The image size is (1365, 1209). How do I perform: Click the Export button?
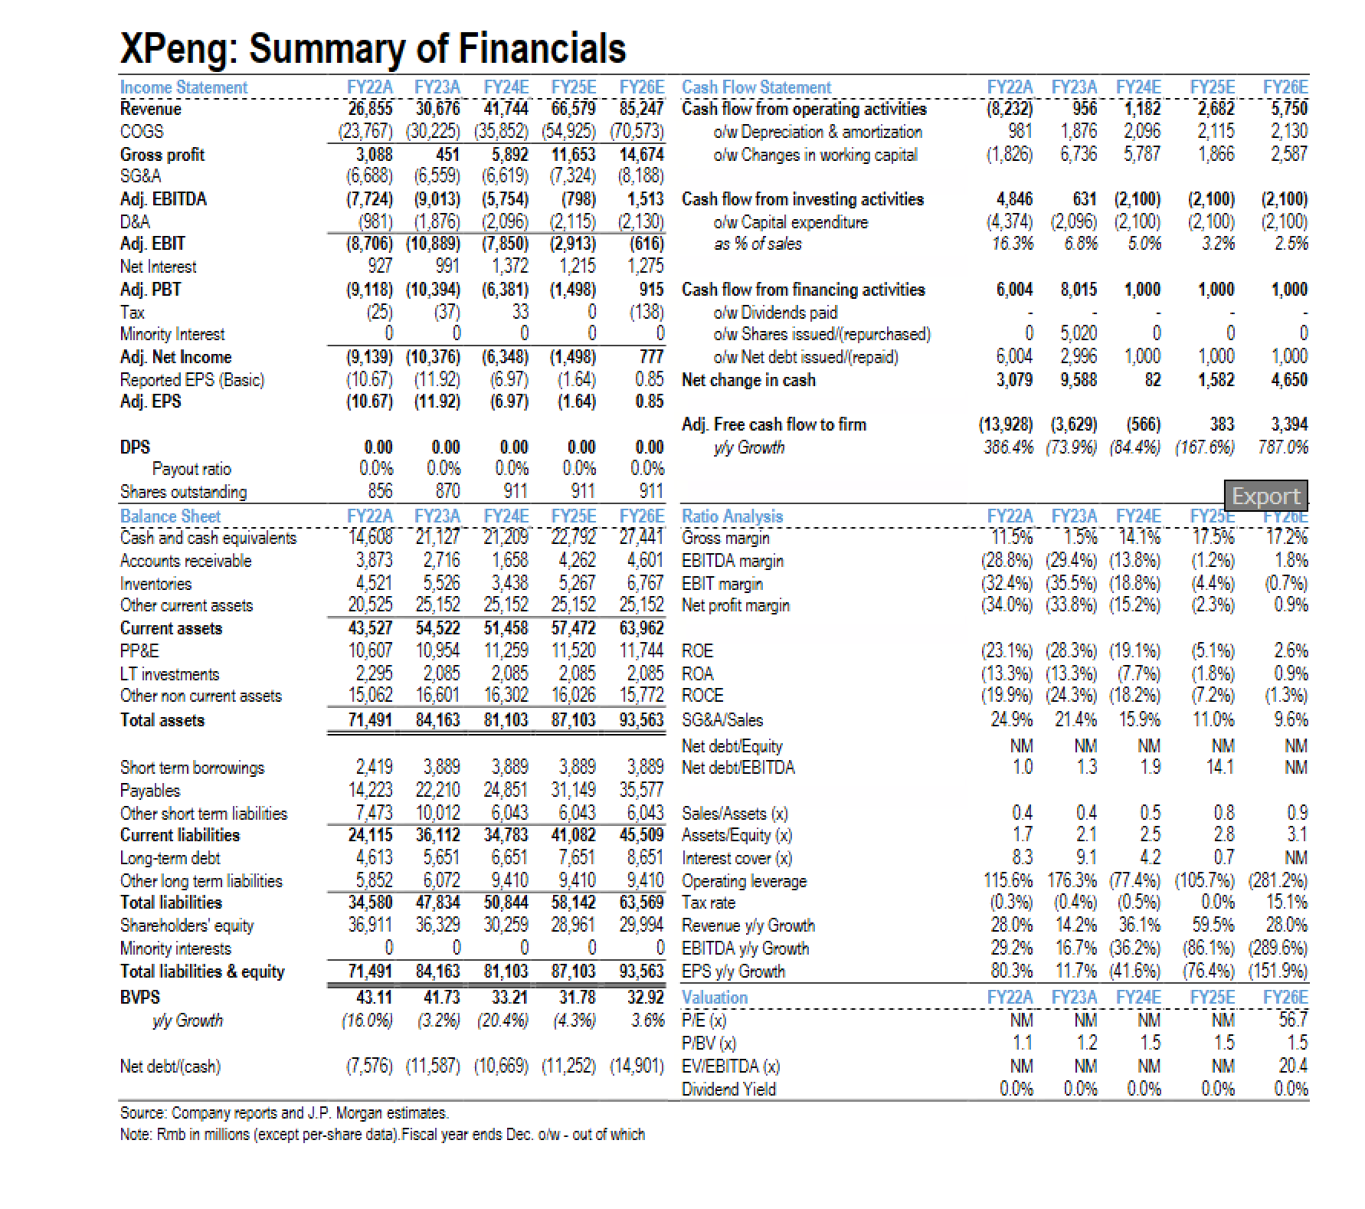(x=1265, y=496)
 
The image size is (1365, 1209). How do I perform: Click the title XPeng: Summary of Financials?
(x=373, y=48)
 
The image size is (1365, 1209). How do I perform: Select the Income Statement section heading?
(x=184, y=87)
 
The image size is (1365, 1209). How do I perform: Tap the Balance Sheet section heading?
(x=170, y=516)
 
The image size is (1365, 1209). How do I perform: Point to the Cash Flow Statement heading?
(x=756, y=87)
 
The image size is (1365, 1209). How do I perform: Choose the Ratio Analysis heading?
(x=732, y=516)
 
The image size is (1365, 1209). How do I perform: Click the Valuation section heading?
(x=714, y=998)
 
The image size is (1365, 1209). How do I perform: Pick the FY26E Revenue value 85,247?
(x=641, y=109)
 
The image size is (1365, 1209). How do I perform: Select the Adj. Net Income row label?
(x=175, y=357)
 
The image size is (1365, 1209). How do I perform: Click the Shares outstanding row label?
(x=183, y=492)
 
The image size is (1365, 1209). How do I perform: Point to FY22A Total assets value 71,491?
(x=370, y=720)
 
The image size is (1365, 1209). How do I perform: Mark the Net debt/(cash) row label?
(x=170, y=1066)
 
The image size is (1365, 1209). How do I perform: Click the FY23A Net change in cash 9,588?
(x=1078, y=380)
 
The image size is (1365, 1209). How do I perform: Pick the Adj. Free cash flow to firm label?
(x=774, y=424)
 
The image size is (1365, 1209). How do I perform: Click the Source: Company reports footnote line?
(x=284, y=1112)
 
